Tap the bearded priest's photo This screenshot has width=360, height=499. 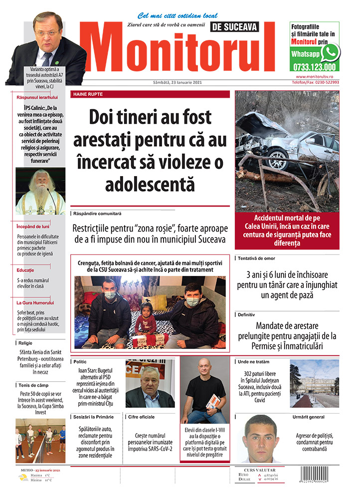click(x=40, y=191)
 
